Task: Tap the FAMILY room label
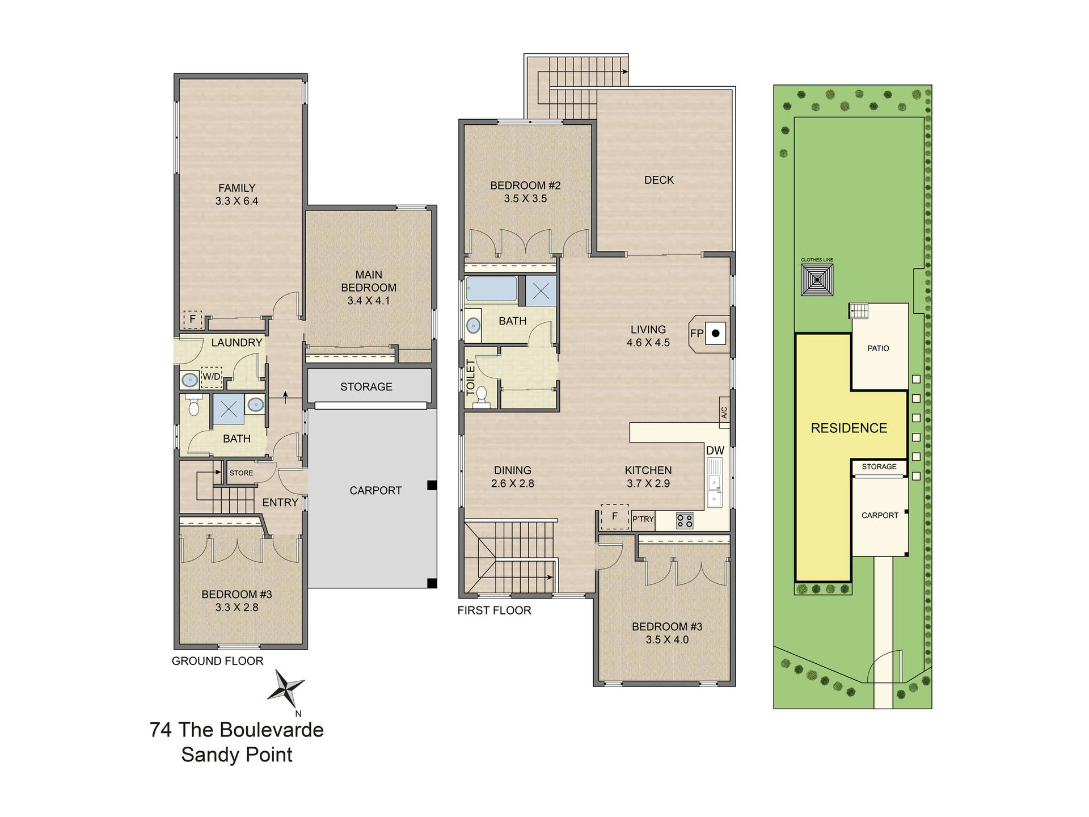click(x=237, y=188)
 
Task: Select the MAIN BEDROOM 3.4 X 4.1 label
click(x=369, y=288)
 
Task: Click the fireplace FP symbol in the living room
click(x=709, y=334)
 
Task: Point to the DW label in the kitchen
click(x=715, y=450)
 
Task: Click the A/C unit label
click(x=724, y=412)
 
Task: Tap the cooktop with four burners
click(x=685, y=520)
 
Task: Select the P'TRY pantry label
click(x=643, y=519)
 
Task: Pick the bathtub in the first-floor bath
click(x=491, y=289)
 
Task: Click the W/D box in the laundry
click(x=212, y=376)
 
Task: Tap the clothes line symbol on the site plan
click(x=817, y=279)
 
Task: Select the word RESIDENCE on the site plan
click(x=849, y=428)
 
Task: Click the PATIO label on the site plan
click(x=878, y=348)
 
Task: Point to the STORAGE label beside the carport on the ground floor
click(x=366, y=387)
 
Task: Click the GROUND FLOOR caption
click(x=217, y=661)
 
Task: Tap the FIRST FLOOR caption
click(x=494, y=610)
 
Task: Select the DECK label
click(x=659, y=180)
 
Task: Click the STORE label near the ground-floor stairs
click(x=241, y=473)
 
